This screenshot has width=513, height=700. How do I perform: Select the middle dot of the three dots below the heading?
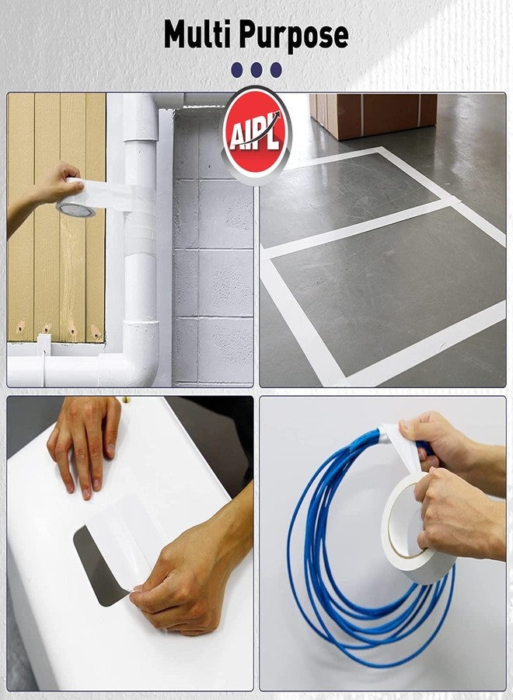click(256, 70)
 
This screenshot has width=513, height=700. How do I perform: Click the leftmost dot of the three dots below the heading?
click(238, 70)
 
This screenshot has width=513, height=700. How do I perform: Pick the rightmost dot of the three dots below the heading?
click(275, 70)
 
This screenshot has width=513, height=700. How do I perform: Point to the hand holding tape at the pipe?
click(54, 184)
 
